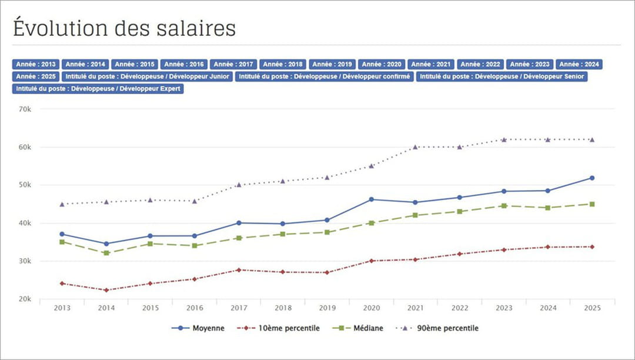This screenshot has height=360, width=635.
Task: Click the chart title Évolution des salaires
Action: (124, 28)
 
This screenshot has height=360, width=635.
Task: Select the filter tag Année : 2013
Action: (36, 65)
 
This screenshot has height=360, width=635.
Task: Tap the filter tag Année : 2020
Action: (382, 65)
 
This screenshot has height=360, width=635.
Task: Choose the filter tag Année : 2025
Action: (36, 76)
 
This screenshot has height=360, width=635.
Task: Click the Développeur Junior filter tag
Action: (148, 76)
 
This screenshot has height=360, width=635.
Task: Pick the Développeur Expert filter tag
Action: (98, 89)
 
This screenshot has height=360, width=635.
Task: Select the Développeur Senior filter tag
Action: (502, 76)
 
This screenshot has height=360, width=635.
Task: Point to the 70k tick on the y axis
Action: (25, 109)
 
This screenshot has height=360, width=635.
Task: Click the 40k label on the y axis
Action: (25, 224)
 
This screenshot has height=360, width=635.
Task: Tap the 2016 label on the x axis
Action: (195, 308)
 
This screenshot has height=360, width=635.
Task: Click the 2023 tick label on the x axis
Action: (504, 308)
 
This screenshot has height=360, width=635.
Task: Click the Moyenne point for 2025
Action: (592, 178)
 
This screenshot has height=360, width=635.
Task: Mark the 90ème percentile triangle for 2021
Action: (415, 147)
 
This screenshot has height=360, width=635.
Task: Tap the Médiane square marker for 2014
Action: (106, 253)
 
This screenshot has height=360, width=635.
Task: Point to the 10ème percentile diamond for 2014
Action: (106, 290)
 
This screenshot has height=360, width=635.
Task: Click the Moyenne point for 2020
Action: (371, 199)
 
